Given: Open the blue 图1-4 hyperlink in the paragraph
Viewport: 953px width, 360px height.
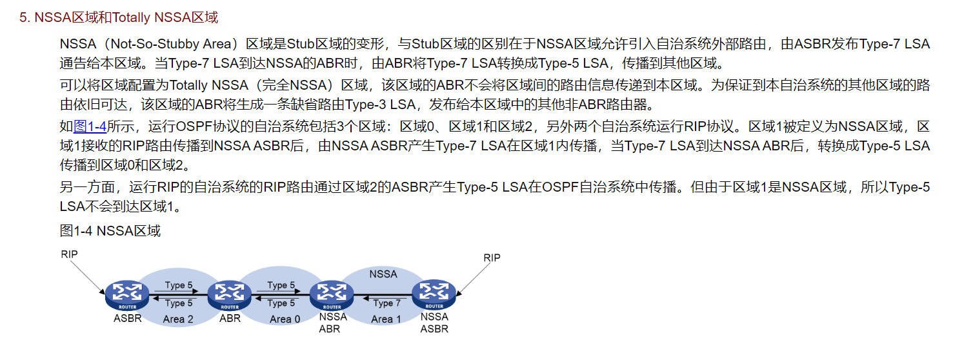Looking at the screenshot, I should (90, 126).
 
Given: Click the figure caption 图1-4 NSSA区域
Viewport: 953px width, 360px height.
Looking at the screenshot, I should (110, 230).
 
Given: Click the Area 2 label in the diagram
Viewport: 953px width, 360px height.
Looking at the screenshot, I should (178, 319).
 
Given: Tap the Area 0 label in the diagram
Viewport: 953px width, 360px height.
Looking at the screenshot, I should (285, 319).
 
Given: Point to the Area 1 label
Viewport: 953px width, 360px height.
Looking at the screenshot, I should (386, 319).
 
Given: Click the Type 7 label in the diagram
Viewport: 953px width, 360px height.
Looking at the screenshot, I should (387, 303).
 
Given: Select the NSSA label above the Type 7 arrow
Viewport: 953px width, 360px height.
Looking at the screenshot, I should (383, 274).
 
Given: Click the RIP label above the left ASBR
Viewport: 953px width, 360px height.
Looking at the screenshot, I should (69, 254).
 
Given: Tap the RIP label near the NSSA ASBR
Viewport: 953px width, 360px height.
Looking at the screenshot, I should (492, 258).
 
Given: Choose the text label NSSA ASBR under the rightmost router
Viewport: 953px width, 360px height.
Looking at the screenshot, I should (434, 323).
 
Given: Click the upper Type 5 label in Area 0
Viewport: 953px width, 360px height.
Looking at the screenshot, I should (281, 285).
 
